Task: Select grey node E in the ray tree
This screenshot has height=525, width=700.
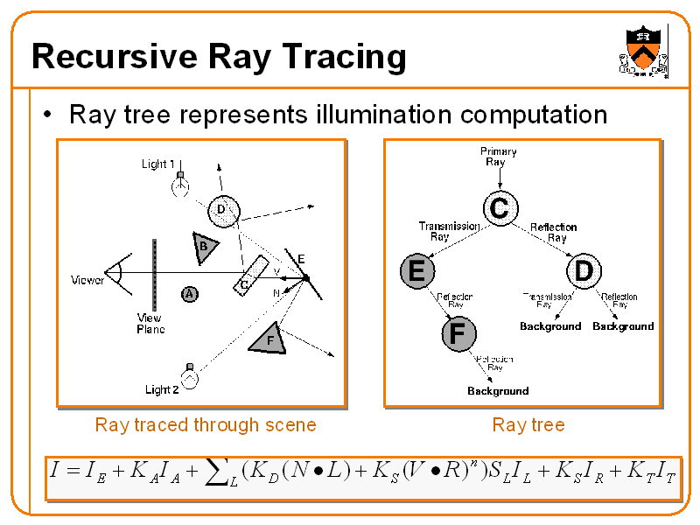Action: (416, 272)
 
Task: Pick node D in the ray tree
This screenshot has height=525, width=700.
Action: (583, 272)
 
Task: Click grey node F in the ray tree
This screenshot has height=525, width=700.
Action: (457, 333)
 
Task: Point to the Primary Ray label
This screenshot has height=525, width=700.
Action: (498, 157)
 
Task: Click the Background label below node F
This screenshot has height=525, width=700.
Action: (498, 391)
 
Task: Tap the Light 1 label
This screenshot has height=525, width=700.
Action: (158, 164)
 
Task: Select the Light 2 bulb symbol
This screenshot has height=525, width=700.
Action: (188, 377)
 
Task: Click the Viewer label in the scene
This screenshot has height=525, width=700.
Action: (87, 281)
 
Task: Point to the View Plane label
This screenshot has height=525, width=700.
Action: (150, 324)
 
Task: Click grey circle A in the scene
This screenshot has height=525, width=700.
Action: (189, 294)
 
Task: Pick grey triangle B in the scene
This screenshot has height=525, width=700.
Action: (205, 248)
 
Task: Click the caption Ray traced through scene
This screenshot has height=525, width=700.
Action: (206, 425)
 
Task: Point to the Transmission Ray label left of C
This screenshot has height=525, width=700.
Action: (449, 231)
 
